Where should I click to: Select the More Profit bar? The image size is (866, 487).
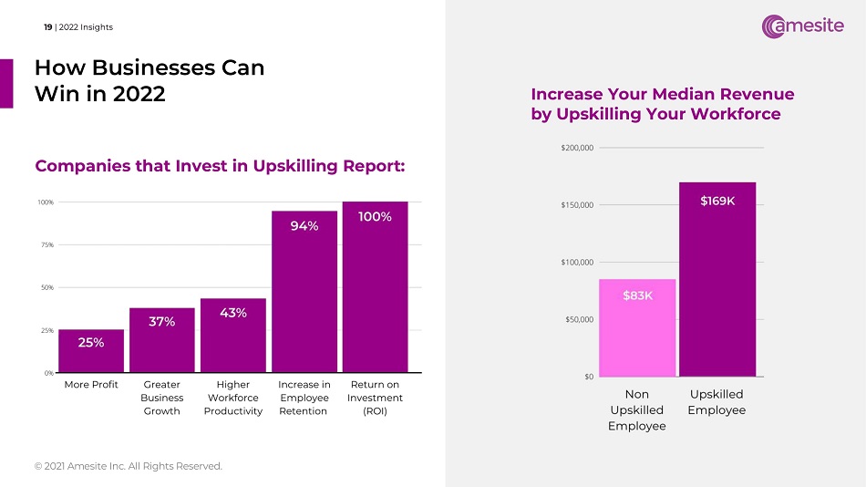(91, 351)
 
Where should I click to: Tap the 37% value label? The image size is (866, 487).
(162, 321)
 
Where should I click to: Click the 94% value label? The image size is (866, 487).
(304, 226)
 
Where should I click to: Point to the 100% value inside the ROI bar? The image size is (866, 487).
(375, 216)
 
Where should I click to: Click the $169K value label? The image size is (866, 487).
(717, 201)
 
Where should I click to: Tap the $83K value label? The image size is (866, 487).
(637, 295)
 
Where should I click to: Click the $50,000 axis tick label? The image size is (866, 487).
(577, 319)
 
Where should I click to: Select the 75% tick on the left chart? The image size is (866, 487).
(44, 244)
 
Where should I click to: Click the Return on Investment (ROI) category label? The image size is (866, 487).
(375, 398)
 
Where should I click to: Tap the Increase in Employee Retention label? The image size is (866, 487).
(304, 398)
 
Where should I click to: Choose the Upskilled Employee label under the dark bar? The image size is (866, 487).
(717, 402)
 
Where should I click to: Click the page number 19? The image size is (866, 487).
(47, 27)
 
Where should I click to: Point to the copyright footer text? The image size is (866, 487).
(128, 466)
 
